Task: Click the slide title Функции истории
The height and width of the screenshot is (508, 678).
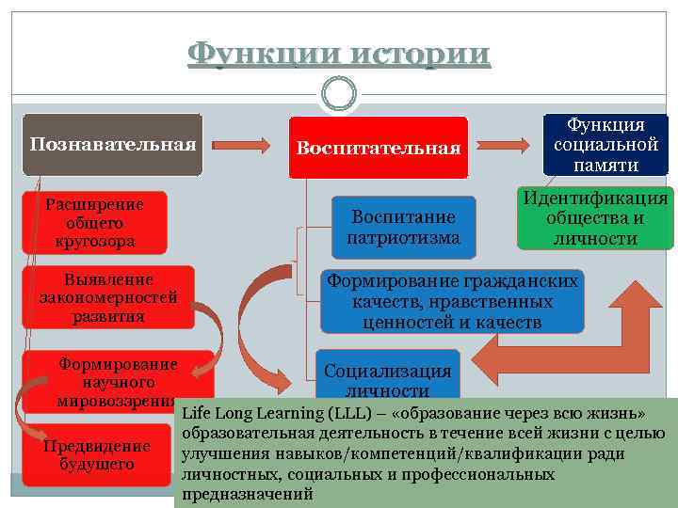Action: click(339, 54)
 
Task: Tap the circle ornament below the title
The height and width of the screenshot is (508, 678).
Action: click(338, 92)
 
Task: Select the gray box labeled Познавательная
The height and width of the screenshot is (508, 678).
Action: click(112, 145)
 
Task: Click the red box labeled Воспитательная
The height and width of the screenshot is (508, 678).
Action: click(378, 148)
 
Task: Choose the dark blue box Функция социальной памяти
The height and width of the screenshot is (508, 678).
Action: click(605, 145)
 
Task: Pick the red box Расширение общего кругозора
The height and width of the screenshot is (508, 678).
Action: click(94, 223)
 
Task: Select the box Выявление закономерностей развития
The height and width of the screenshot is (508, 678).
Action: click(108, 297)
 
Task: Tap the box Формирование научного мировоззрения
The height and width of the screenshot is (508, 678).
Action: click(117, 382)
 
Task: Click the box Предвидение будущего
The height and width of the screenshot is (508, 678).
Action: click(97, 455)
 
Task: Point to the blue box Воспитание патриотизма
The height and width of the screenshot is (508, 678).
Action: click(403, 227)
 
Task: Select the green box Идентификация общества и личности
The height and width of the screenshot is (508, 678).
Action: click(595, 218)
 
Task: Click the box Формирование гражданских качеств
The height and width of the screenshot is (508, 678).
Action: click(451, 301)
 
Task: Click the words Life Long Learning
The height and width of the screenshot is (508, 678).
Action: click(251, 413)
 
